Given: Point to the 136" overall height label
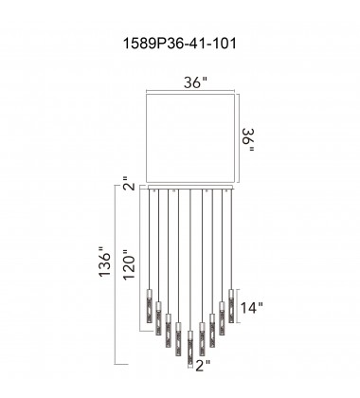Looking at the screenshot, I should point(105,280).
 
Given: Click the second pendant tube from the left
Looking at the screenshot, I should point(159,319).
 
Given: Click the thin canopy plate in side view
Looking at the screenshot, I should point(189,188).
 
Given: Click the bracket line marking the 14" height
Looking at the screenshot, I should point(240,305).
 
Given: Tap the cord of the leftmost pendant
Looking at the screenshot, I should point(149,237).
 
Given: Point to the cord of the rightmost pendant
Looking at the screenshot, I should point(230,237).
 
